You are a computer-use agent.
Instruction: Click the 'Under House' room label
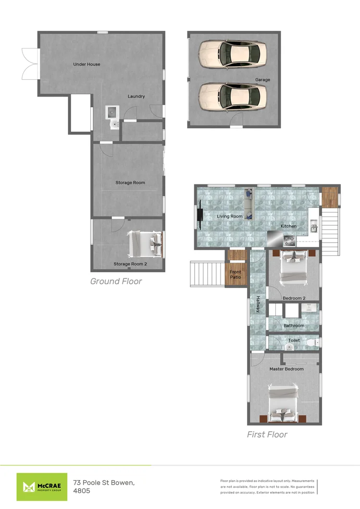(x=87, y=64)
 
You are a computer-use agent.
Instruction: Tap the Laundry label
(x=136, y=97)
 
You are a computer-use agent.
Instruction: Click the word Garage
(x=262, y=80)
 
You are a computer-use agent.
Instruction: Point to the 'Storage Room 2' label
(x=130, y=264)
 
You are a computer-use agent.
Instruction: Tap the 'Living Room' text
(x=230, y=217)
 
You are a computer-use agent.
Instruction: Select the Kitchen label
(x=289, y=226)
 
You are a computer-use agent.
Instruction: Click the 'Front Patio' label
(x=236, y=275)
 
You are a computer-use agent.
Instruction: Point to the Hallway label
(x=258, y=304)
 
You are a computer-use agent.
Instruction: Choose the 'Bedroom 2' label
(x=294, y=298)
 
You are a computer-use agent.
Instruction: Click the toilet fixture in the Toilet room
(x=311, y=342)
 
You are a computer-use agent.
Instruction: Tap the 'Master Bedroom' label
(x=286, y=369)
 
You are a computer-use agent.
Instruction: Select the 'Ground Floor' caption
(x=116, y=281)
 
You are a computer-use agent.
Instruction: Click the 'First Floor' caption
(x=267, y=435)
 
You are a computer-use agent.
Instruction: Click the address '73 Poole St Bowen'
(x=104, y=482)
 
